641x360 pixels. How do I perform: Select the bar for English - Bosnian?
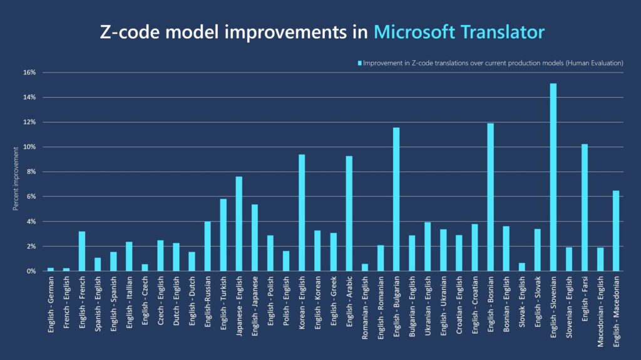tap(490, 197)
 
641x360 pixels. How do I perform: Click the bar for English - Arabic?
tap(349, 213)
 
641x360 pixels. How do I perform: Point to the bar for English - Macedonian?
tap(616, 231)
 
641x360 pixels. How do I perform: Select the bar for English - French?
tap(82, 251)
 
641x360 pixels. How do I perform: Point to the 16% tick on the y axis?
tap(29, 73)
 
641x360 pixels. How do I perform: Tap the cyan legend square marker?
tap(359, 63)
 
